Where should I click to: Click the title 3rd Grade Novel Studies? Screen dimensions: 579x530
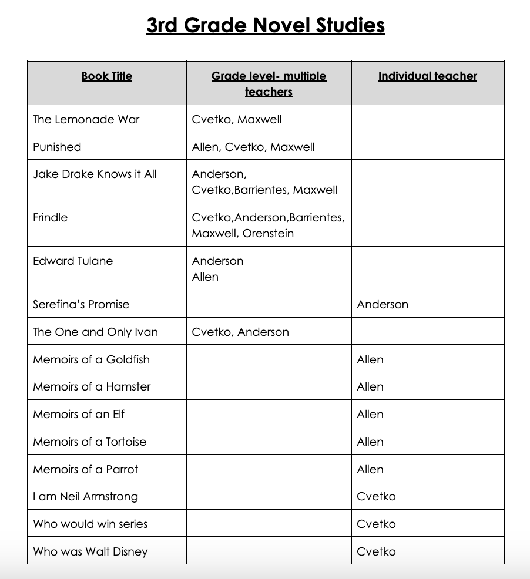pos(265,26)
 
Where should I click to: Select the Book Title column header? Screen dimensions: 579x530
pos(107,76)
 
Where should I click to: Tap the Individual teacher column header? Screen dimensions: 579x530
pos(427,76)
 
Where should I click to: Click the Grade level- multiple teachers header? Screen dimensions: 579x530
pos(269,83)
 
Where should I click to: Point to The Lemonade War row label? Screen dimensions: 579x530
pos(86,119)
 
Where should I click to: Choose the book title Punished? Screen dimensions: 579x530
pos(57,147)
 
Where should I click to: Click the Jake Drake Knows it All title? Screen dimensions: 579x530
pos(95,174)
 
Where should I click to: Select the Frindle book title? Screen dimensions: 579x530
pos(51,217)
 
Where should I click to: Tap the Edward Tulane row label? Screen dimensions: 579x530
pos(73,261)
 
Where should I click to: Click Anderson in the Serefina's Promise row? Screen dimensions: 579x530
pos(383,304)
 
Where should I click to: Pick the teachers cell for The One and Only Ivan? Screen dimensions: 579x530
pos(240,332)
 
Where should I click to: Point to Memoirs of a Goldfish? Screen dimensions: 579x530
pos(91,359)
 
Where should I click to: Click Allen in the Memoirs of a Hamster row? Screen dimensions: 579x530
pos(370,386)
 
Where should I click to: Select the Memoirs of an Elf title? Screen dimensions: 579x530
pos(79,414)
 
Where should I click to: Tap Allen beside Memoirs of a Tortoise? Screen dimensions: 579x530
pos(370,442)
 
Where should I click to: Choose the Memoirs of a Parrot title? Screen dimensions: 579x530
pos(86,469)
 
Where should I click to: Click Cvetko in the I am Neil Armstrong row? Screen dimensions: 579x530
pos(376,496)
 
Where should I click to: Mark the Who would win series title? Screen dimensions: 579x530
pos(90,524)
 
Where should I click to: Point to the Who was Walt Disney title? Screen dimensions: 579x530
pos(90,551)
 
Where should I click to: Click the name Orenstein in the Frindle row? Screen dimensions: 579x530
pos(268,233)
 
